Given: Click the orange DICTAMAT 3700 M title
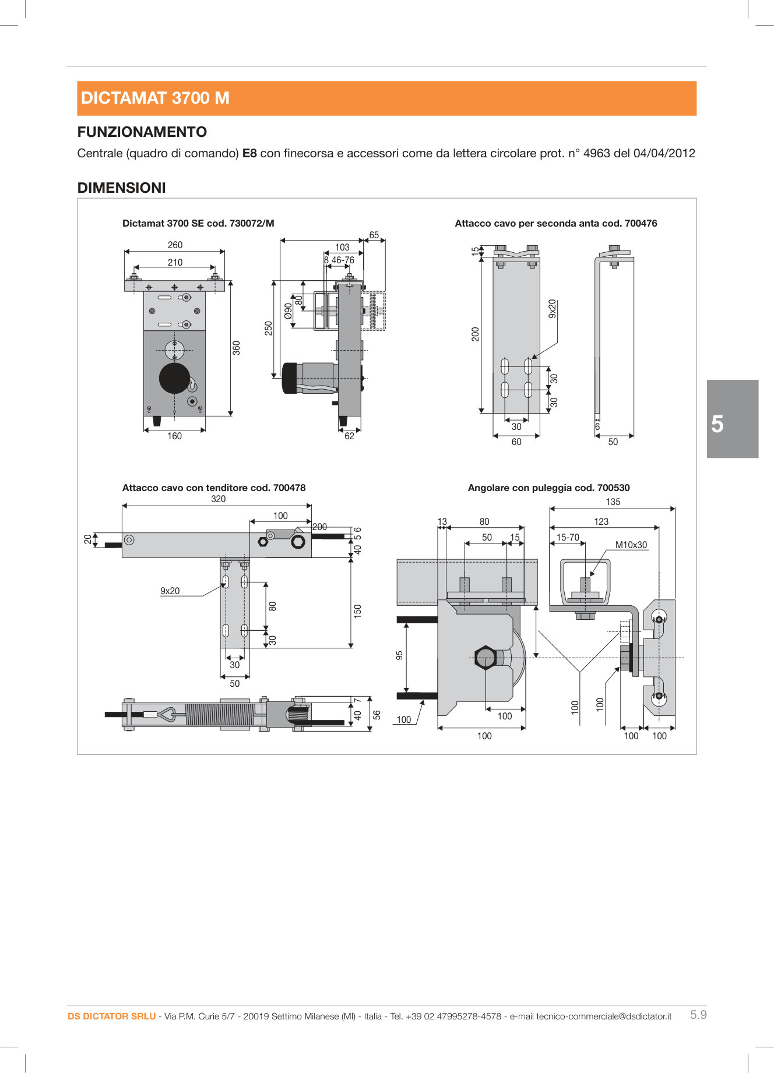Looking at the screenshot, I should click(x=155, y=98).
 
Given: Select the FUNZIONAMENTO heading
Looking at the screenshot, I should click(x=142, y=132).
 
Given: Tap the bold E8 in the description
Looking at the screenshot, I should click(x=249, y=153).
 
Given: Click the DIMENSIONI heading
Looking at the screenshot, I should click(x=121, y=188).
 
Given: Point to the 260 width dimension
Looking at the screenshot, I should click(x=175, y=245).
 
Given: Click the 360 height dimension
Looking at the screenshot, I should click(x=236, y=348).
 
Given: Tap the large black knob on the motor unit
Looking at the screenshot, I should click(x=174, y=378).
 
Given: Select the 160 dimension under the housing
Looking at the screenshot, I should click(x=174, y=436).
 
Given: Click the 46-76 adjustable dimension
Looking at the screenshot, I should click(x=343, y=260).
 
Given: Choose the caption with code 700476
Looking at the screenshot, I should click(x=555, y=223).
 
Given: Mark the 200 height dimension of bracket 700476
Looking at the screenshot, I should click(x=476, y=334).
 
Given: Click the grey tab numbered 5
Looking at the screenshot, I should click(x=732, y=419).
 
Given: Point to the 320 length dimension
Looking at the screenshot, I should click(x=218, y=499).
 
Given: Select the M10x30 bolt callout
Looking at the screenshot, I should click(x=631, y=545).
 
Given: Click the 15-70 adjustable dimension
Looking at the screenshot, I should click(x=568, y=538).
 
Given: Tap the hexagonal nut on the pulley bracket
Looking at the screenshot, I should click(x=485, y=658).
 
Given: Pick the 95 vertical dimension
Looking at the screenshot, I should click(x=399, y=655).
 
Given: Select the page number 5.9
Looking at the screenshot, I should click(x=698, y=1015).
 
